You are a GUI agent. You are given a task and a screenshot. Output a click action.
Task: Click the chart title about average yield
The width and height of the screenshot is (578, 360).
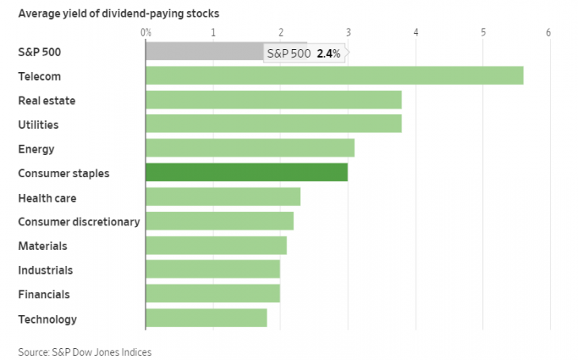pos(119,13)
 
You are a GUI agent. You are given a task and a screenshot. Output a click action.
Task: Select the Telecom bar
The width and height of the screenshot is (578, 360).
pos(334,76)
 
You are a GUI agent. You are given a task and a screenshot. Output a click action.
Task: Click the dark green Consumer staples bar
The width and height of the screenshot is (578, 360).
pos(246,173)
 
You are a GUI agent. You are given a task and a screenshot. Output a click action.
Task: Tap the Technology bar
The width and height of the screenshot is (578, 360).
pos(206,319)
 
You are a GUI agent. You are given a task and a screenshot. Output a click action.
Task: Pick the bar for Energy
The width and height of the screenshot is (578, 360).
pos(249,149)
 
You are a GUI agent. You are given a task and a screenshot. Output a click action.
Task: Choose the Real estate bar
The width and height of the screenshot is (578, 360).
pos(273,100)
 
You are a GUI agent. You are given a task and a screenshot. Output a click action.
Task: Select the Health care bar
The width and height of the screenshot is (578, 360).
pos(222,197)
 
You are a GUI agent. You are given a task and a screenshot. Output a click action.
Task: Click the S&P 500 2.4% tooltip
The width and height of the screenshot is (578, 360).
pos(305,54)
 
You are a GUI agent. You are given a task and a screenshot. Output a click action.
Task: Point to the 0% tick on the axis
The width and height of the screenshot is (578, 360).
pos(146,33)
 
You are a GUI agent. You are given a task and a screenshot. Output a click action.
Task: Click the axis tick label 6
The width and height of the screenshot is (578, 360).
pos(548,33)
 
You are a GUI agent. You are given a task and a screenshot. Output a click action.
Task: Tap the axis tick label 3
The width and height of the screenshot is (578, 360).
pos(348,33)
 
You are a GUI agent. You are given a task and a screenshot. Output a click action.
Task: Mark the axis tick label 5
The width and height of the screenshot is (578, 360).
pos(483,33)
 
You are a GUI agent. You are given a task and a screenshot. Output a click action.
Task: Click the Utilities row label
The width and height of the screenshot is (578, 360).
pos(38,125)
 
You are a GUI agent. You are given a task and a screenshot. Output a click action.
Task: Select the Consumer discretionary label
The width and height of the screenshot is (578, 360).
pos(78,222)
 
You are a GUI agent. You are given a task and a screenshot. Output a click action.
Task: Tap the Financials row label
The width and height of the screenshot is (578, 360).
pos(44,294)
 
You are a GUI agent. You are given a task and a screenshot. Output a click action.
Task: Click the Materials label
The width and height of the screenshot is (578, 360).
pos(42,246)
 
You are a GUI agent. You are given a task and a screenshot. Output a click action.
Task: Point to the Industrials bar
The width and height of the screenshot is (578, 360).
pos(212,270)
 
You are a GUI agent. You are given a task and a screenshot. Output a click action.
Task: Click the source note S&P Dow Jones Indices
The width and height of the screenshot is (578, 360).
pos(85,351)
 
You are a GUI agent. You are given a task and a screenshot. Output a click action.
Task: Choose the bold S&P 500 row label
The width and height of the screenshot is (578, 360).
pos(39,52)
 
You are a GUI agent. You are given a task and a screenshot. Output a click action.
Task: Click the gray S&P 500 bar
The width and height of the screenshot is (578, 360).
pos(203,51)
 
